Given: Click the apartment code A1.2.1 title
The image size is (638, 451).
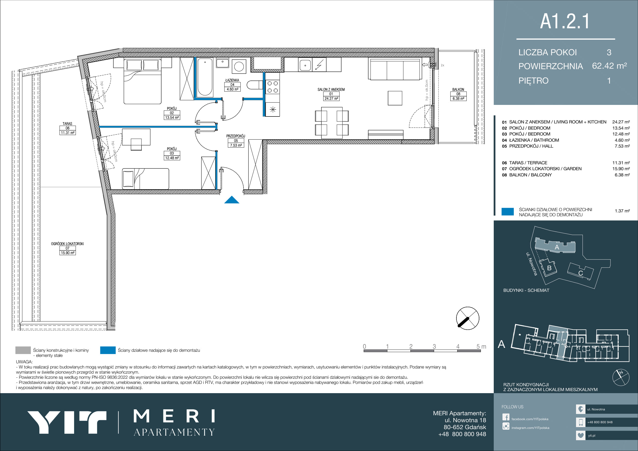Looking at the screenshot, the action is click(565, 21).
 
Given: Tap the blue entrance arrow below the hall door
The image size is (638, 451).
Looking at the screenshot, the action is click(232, 200).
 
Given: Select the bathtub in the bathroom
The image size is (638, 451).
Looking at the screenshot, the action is click(205, 77).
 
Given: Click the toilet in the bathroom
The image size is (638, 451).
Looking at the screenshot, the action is click(255, 85).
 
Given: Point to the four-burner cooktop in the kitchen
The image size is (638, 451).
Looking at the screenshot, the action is click(272, 87).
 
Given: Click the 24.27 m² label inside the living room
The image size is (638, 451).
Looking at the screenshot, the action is click(331, 98).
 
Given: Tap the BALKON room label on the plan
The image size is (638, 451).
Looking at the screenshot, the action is click(458, 89).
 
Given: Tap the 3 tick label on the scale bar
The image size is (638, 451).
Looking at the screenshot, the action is click(434, 346).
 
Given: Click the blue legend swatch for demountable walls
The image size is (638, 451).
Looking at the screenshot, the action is click(108, 350).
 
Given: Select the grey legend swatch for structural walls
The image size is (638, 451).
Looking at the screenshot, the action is click(23, 350).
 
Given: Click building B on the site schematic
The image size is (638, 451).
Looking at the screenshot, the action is click(548, 268).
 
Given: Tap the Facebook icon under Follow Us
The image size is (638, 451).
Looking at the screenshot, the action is click(506, 417).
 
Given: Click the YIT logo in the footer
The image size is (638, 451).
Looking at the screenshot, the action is click(67, 422).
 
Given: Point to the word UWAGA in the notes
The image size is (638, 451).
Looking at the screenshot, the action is click(24, 362).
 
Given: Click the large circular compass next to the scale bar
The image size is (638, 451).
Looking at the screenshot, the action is click(468, 318).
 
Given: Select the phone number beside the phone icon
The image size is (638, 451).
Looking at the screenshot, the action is click(600, 422).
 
